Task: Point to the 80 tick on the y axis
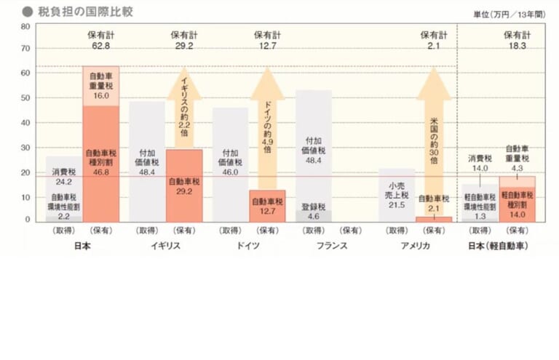tap(25, 26)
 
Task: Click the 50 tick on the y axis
tap(25, 97)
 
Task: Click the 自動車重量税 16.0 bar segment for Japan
tap(100, 86)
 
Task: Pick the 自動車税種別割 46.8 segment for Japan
tap(100, 164)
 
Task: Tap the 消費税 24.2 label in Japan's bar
tap(64, 177)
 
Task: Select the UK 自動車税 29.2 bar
tap(184, 186)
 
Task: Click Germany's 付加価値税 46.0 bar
tap(231, 164)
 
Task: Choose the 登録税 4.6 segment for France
tap(314, 216)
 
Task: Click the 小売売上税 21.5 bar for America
tap(397, 195)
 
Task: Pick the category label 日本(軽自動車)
tap(499, 245)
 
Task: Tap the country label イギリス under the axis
tap(165, 245)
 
